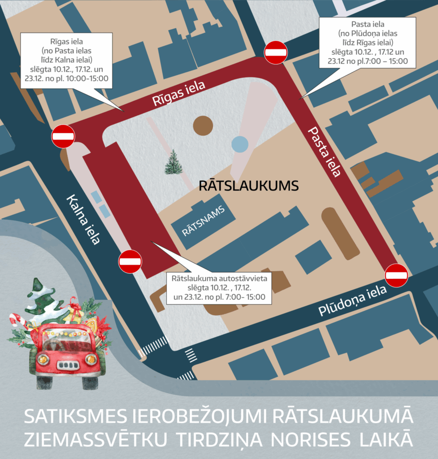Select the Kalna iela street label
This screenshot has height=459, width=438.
pos(83,219)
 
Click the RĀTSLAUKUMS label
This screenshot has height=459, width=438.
pos(248,186)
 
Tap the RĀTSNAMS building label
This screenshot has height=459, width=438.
pos(203,225)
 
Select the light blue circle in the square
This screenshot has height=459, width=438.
pos(240,144)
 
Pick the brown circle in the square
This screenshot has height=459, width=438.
pos(203,126)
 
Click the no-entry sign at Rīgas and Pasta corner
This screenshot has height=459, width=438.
pos(276,52)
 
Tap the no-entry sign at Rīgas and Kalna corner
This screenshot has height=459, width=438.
pos(63,136)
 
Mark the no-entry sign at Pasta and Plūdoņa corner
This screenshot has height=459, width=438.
pos(396,275)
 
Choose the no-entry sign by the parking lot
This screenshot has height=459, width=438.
pos(130,261)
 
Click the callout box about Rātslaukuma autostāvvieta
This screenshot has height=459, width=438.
pos(219,287)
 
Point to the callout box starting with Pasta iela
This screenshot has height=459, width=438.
pos(368,42)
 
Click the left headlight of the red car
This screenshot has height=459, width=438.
pos(43,359)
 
